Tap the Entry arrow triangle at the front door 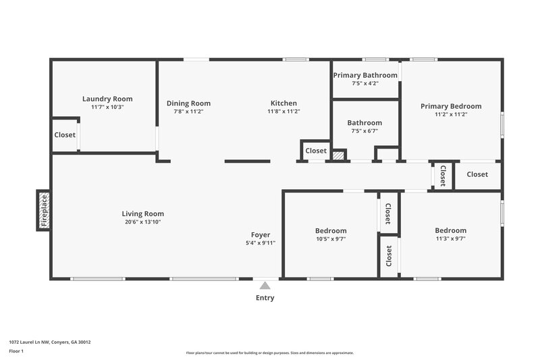(265, 286)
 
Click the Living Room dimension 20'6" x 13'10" (142, 222)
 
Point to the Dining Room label (188, 103)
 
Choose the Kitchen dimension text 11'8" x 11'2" (283, 111)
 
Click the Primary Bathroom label (365, 75)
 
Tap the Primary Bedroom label (451, 106)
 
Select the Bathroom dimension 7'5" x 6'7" (364, 131)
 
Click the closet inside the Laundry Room (65, 135)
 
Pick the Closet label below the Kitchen (316, 151)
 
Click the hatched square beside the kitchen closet (338, 155)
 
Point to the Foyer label (261, 234)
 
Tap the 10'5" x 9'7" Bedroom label (331, 230)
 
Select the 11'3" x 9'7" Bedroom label (450, 230)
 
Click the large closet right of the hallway (477, 174)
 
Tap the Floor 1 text (17, 352)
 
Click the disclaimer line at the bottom (269, 353)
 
